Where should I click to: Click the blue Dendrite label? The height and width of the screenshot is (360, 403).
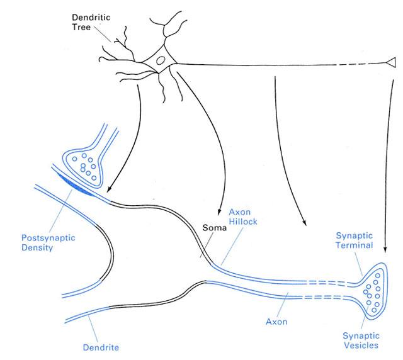pos(101,346)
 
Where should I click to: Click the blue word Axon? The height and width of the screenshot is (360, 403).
pos(276,321)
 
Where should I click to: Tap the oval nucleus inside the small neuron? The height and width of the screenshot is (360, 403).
pos(161,62)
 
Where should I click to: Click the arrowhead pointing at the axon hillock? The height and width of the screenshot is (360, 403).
pos(218,210)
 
